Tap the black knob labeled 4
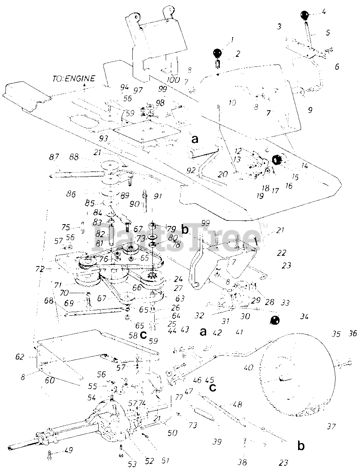pyautogui.click(x=305, y=16)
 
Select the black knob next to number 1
pyautogui.click(x=218, y=53)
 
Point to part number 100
pyautogui.click(x=173, y=80)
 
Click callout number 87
pyautogui.click(x=54, y=157)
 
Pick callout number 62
pyautogui.click(x=20, y=357)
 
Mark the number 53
pyautogui.click(x=132, y=463)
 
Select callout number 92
pyautogui.click(x=191, y=171)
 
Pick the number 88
pyautogui.click(x=74, y=157)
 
